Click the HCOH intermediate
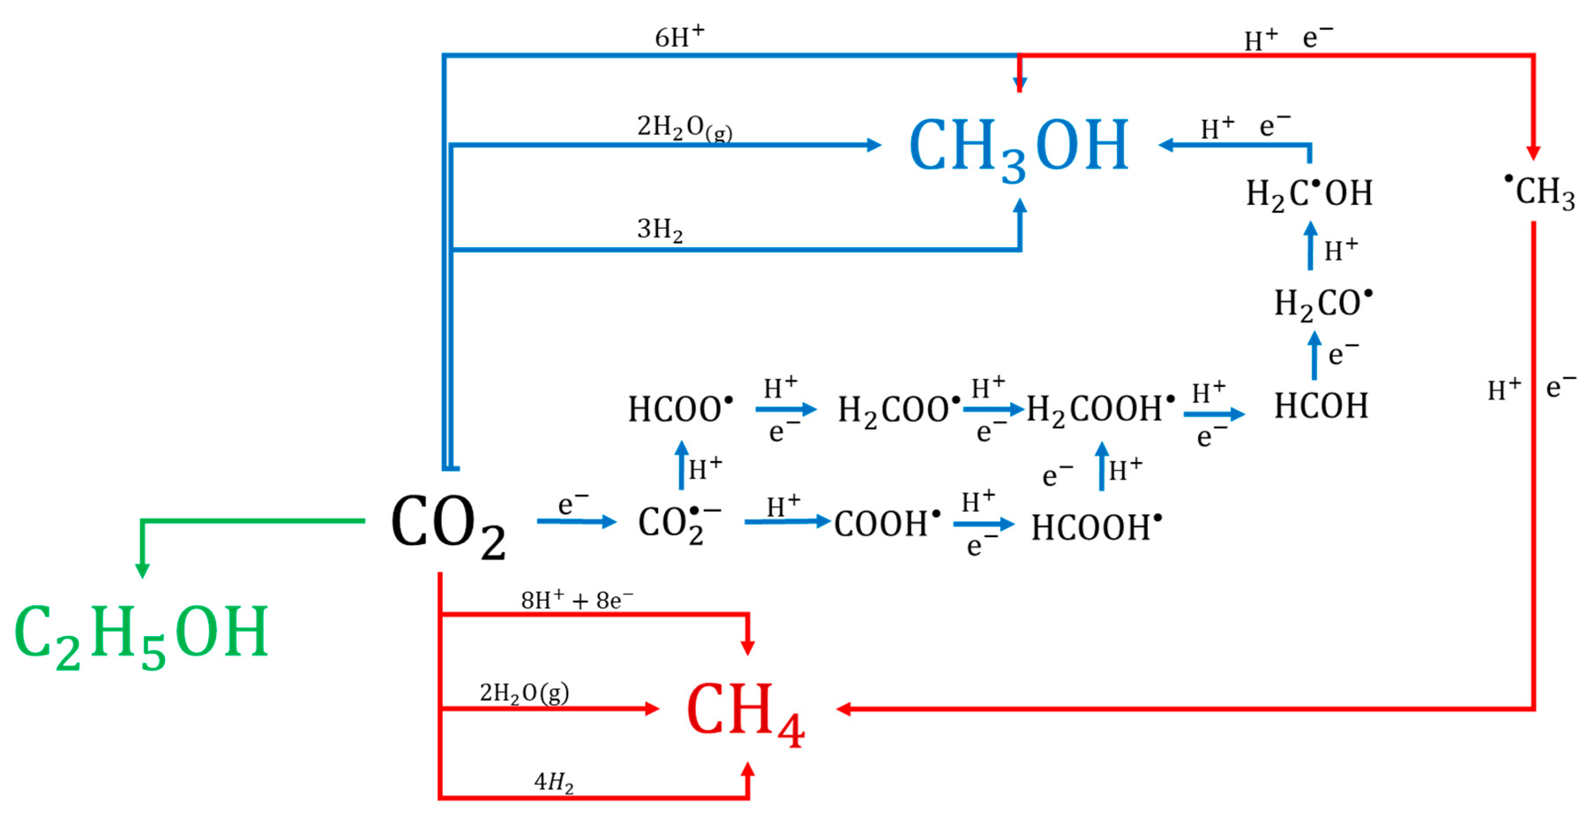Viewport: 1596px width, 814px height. point(1320,407)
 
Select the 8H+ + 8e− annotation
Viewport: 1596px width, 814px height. point(576,600)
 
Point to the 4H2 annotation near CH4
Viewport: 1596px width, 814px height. point(553,782)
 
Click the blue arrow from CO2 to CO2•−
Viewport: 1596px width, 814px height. point(576,521)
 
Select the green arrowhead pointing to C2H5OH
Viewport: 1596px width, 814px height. point(142,570)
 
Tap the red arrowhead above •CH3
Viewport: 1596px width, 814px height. point(1533,152)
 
